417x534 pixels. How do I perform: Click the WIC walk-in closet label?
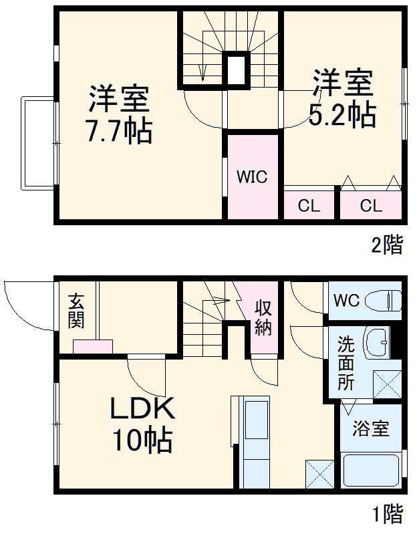click(x=252, y=177)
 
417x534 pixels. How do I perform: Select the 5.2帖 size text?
click(x=341, y=115)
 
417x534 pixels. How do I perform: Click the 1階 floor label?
click(x=388, y=515)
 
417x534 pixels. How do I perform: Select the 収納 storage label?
click(x=263, y=317)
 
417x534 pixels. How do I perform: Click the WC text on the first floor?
click(x=347, y=300)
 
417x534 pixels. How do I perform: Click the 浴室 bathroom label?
click(x=371, y=428)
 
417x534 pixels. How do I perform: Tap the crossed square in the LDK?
click(x=319, y=476)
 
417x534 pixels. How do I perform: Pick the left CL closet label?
click(x=309, y=206)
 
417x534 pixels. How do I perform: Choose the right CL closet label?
click(x=371, y=206)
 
